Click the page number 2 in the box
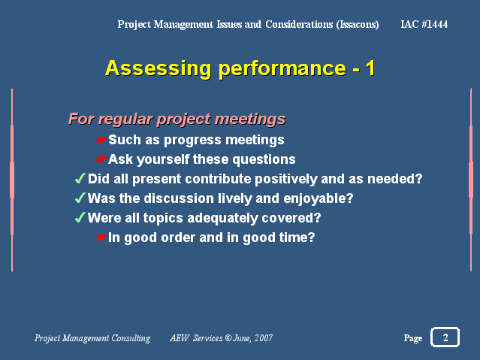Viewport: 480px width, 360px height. pos(445,337)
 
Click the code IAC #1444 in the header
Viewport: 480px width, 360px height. pos(424,24)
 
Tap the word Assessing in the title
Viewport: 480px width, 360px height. pos(158,68)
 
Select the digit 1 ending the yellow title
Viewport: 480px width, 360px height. pos(371,68)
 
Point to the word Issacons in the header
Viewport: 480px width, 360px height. pos(358,25)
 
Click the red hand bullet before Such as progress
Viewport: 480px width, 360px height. pos(101,140)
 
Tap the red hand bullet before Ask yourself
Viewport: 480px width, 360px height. pos(101,159)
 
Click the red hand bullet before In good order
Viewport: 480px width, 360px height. pos(101,237)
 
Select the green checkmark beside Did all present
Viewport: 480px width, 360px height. pos(80,178)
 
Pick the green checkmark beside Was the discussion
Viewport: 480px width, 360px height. pos(80,198)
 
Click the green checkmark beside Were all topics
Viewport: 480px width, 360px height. pos(80,217)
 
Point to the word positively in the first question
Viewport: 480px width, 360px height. pos(286,179)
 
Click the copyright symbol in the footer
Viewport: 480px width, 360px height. pos(228,338)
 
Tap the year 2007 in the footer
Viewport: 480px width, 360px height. pos(263,338)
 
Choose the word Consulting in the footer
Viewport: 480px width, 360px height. pos(131,338)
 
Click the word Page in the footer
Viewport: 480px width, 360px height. pos(413,338)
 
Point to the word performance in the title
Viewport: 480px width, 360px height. pos(282,68)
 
